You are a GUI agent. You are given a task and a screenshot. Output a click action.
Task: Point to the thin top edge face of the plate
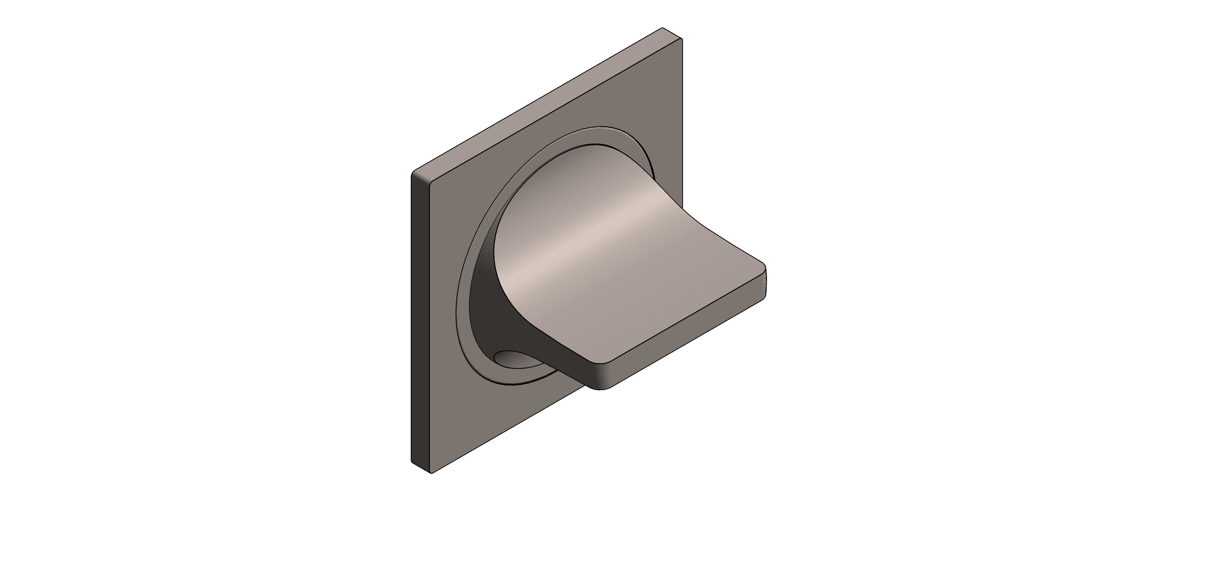[x=546, y=100]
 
